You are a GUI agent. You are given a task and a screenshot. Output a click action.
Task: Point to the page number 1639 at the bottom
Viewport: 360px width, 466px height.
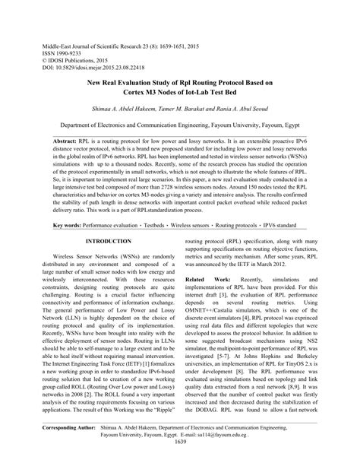point(180,461)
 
